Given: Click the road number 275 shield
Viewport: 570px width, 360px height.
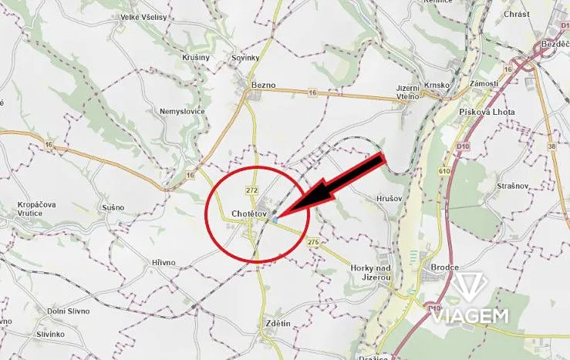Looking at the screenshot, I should [x=312, y=242].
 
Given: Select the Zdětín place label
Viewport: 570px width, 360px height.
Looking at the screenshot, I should [x=278, y=323].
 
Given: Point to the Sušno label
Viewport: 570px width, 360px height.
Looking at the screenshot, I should [x=113, y=208].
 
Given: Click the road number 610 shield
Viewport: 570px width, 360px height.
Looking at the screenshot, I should [x=444, y=170].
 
